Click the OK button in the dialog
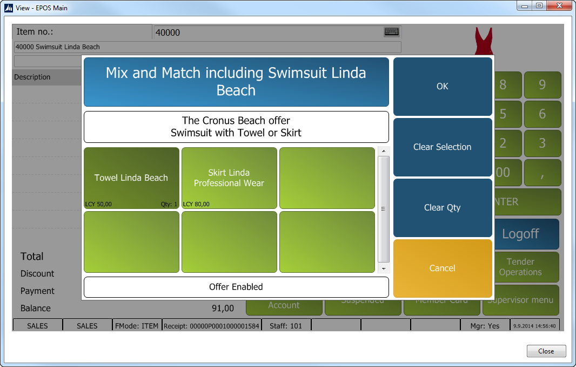(443, 87)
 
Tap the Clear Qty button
(443, 208)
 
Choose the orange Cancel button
(443, 268)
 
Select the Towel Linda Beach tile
(131, 178)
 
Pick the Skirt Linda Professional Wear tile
(229, 178)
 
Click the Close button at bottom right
(546, 351)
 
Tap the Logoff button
(527, 234)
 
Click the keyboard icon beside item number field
(392, 32)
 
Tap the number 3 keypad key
(542, 143)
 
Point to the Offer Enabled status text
(236, 287)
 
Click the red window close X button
(558, 6)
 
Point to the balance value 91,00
(223, 309)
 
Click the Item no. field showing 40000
(267, 32)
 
